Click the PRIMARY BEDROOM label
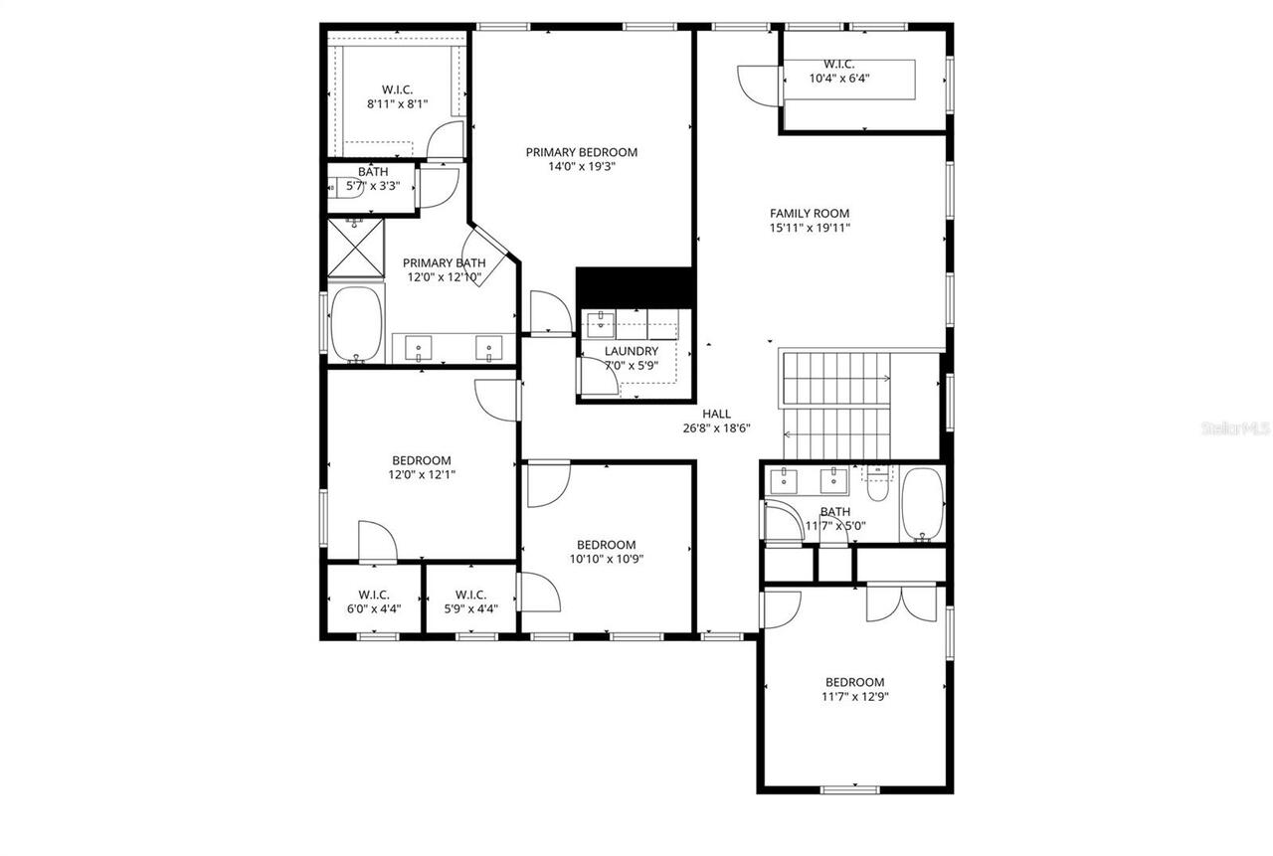point(582,152)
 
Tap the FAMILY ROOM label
point(810,213)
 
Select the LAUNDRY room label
point(631,351)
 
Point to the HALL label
point(716,414)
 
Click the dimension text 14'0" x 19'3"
point(582,167)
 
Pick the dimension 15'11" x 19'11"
point(810,228)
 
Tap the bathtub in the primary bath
point(356,324)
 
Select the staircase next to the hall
point(835,406)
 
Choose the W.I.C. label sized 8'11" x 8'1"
point(397,87)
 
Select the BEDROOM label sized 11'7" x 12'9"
point(854,682)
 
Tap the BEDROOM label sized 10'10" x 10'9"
point(606,544)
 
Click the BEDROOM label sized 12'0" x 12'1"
point(422,460)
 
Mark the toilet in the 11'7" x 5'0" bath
point(877,485)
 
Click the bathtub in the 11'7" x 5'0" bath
point(922,504)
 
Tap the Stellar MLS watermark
point(1235,428)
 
